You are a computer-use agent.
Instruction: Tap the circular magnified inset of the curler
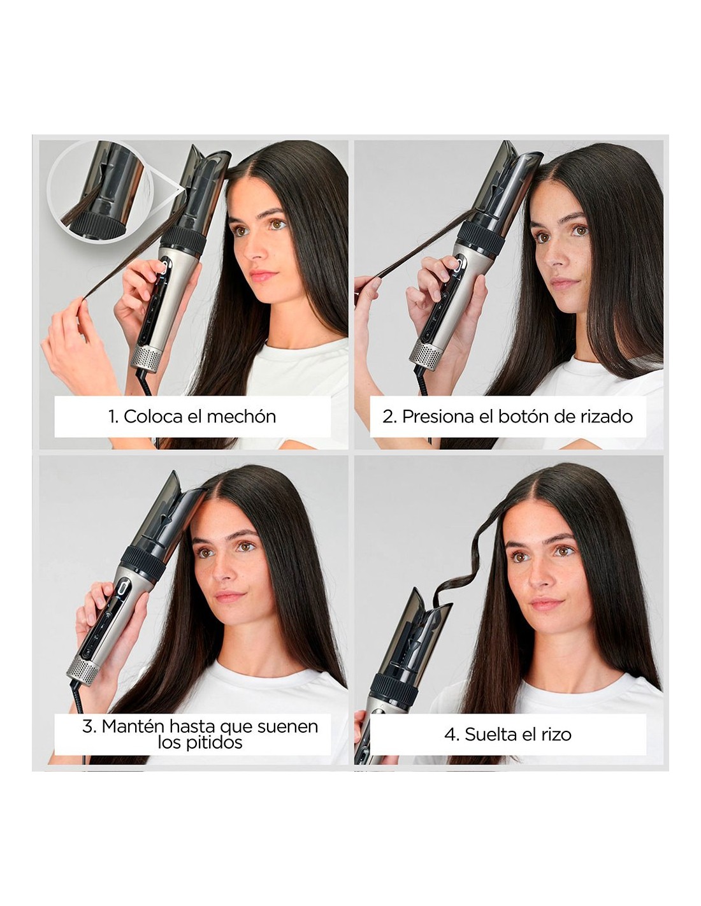click(x=100, y=191)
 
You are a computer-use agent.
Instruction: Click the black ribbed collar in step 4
click(x=394, y=689)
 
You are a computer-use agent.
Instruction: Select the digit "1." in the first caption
click(x=113, y=417)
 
